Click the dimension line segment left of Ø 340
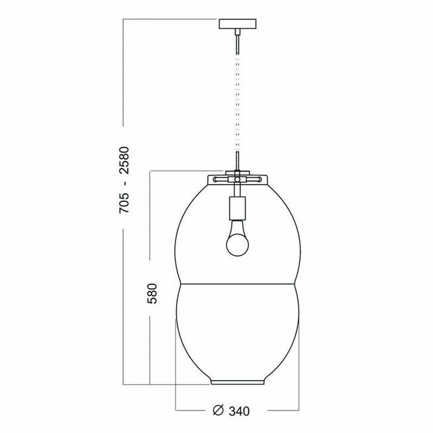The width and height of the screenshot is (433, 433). (x=192, y=410)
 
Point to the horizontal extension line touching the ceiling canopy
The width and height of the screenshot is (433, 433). (x=172, y=21)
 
